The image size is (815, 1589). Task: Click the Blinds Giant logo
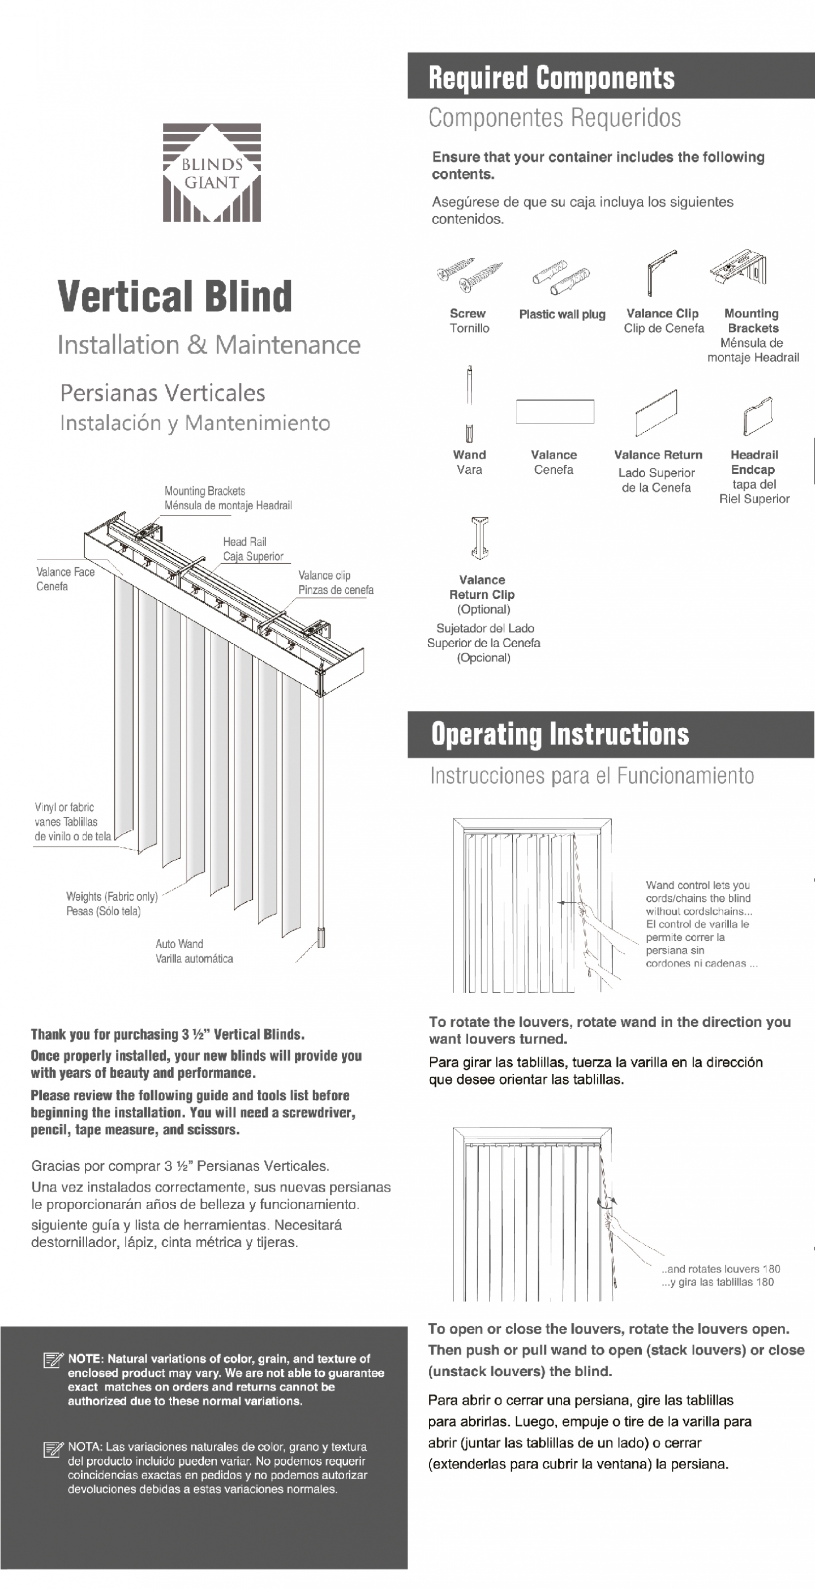click(212, 173)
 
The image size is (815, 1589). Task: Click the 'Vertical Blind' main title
click(174, 297)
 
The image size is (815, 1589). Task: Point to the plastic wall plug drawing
click(561, 278)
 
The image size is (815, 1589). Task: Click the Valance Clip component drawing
click(660, 271)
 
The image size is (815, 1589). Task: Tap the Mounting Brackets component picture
click(739, 269)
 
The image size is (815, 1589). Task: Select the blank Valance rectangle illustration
click(555, 412)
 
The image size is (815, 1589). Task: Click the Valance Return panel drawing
click(656, 412)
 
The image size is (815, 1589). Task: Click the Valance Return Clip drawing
click(480, 537)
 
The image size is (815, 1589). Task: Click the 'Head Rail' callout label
click(245, 542)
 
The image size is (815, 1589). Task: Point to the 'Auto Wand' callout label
click(179, 944)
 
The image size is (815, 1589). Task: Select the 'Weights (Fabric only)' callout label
click(111, 896)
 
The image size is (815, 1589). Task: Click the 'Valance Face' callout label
click(66, 572)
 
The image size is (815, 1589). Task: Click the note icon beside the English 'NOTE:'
click(53, 1360)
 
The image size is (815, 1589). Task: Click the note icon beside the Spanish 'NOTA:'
click(53, 1447)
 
